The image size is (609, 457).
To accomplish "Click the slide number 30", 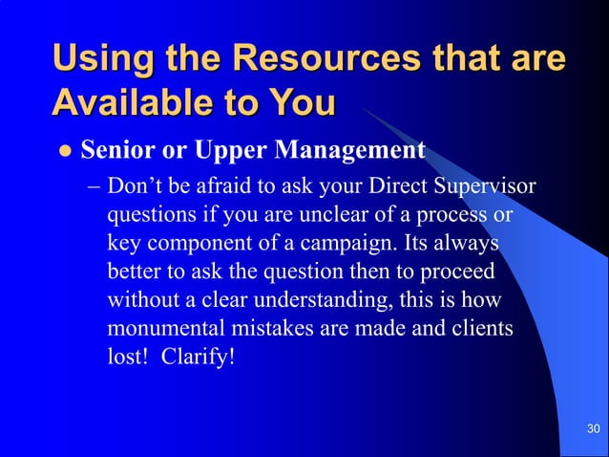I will click(593, 427).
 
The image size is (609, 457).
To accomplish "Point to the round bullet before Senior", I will click(64, 151).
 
